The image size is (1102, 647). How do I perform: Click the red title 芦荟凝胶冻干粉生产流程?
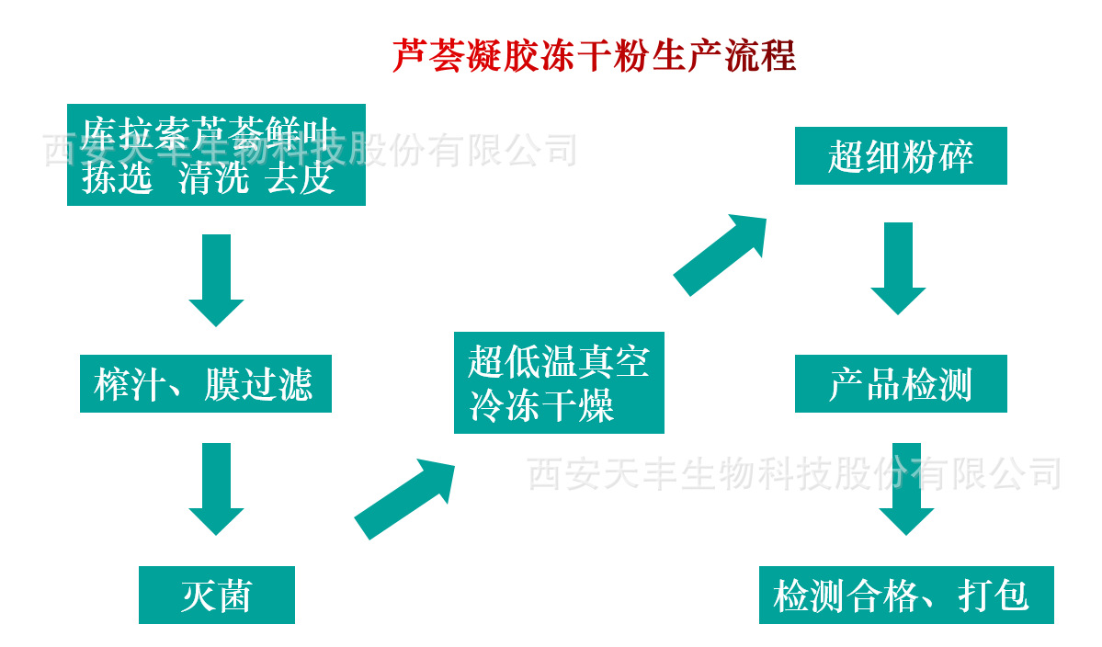594,57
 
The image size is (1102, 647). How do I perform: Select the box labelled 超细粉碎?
901,156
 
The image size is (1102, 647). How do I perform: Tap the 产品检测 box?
901,384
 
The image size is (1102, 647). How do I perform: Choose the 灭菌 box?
217,595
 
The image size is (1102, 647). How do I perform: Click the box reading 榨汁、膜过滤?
205,384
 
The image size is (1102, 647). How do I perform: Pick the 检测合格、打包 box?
906,595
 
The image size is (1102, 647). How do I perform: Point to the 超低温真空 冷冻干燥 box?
559,382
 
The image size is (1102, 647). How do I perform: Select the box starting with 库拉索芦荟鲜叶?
216,154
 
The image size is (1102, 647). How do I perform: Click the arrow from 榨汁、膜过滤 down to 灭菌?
216,487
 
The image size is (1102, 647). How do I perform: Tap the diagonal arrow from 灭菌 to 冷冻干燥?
405,499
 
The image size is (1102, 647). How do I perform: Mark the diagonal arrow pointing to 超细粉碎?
721,254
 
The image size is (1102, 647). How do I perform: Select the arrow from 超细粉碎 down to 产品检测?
898,267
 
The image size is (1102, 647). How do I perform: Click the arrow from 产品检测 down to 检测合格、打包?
906,488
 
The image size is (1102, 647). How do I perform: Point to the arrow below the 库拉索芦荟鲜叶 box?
216,279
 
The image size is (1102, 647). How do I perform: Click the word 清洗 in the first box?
213,178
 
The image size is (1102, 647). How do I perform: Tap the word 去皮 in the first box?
300,178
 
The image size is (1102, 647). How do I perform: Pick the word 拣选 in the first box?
117,178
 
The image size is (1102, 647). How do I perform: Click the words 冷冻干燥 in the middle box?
542,405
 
